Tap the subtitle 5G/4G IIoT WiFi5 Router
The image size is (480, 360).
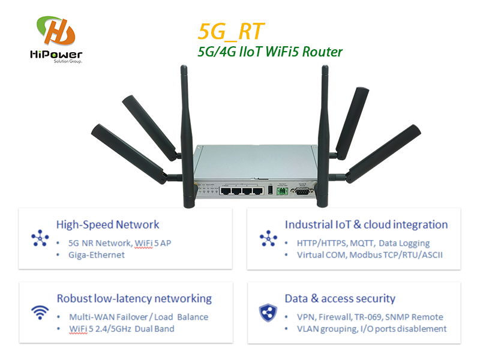270,52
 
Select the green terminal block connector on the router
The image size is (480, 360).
280,191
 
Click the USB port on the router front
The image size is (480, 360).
269,191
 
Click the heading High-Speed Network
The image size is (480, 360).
108,225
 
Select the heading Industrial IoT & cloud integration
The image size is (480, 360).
366,225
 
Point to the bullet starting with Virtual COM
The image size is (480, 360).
370,255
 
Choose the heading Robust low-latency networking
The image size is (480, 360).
134,299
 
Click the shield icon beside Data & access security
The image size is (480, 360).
268,312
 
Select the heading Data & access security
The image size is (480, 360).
340,299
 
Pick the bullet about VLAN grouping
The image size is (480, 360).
372,329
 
